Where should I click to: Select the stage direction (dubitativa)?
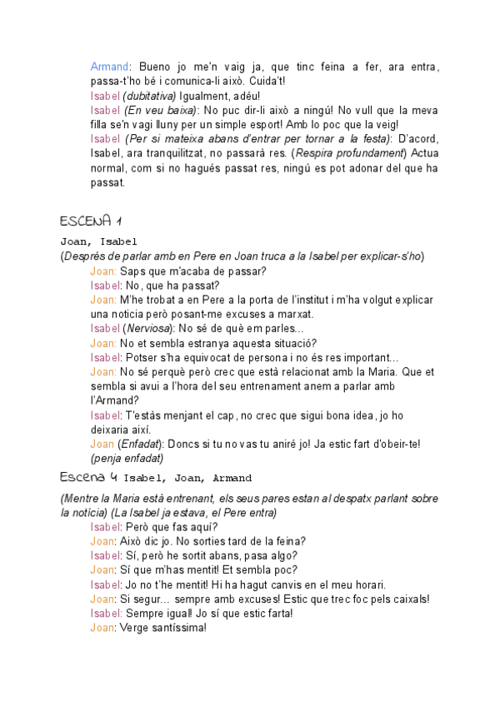152,97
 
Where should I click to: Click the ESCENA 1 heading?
91,221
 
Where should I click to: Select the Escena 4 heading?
88,477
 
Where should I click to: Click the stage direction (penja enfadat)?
127,458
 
